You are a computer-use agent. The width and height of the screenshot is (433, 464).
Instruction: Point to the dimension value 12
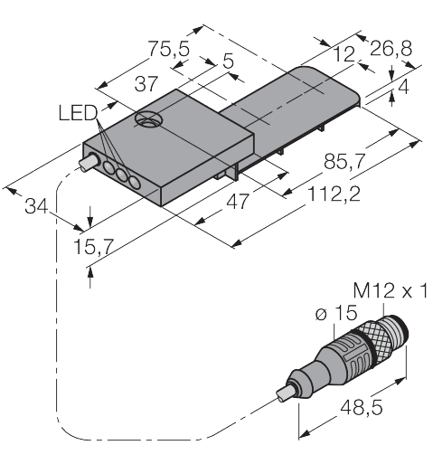click(x=341, y=57)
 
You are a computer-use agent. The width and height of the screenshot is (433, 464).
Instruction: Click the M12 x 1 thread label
click(x=390, y=290)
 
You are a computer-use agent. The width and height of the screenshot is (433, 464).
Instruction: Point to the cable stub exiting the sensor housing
click(x=86, y=166)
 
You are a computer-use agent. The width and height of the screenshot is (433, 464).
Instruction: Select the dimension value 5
click(x=227, y=62)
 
